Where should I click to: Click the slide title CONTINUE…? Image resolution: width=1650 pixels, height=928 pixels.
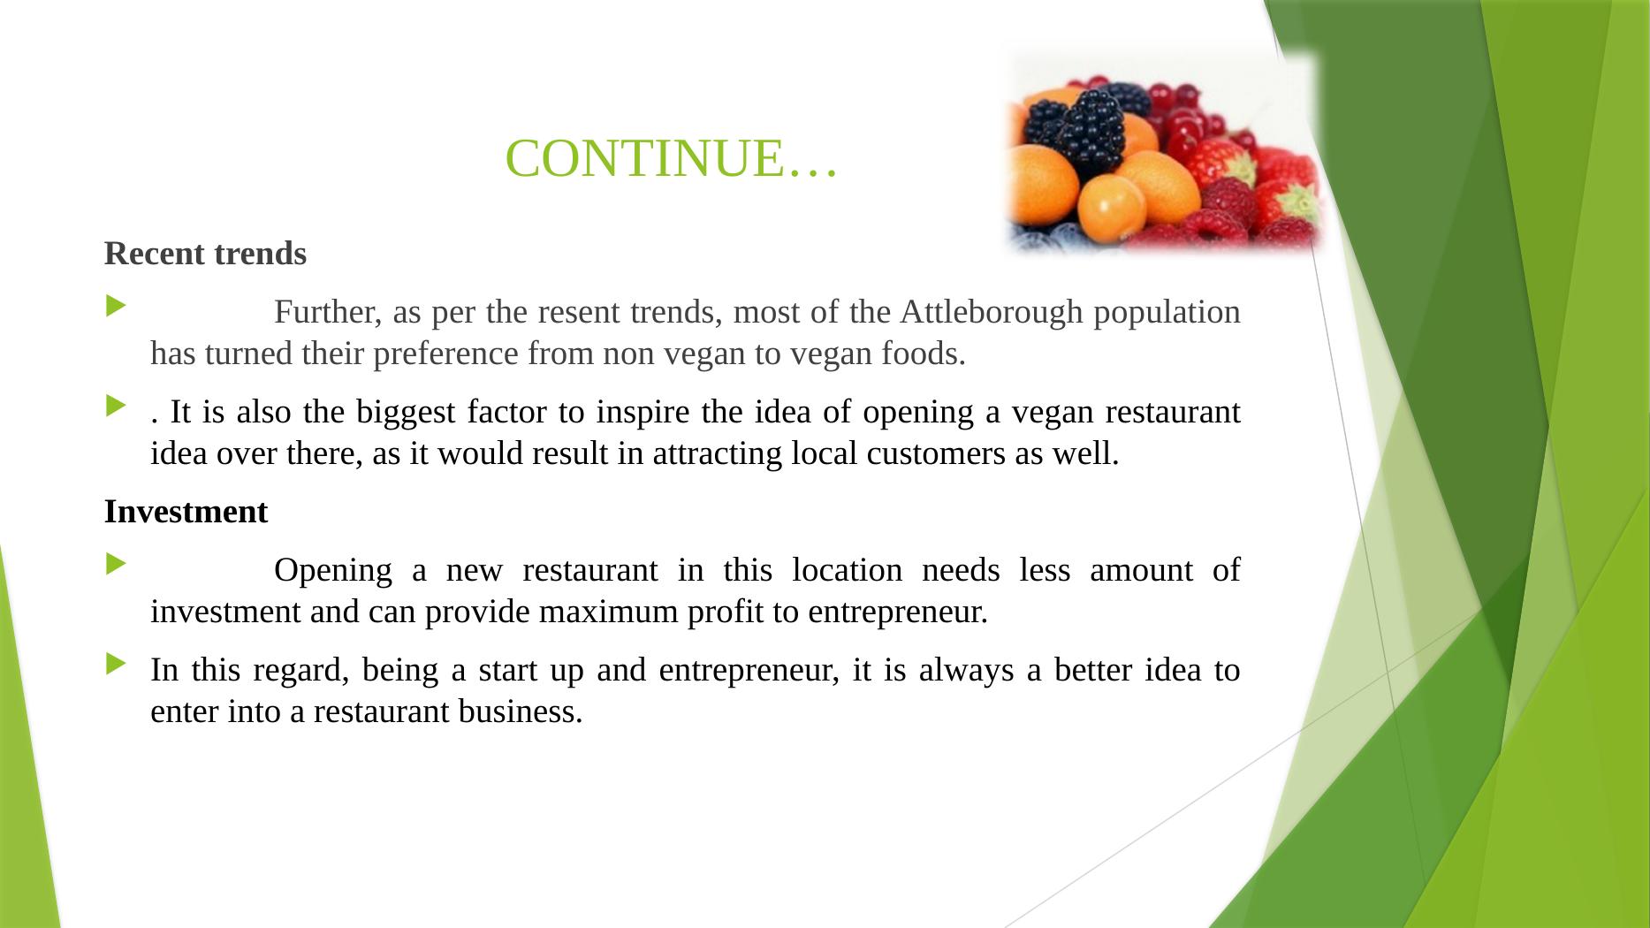coord(671,159)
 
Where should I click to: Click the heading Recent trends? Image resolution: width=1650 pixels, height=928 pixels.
coord(205,254)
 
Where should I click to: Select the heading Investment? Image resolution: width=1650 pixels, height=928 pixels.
coord(186,512)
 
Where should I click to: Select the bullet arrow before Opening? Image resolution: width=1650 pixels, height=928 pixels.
coord(116,564)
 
